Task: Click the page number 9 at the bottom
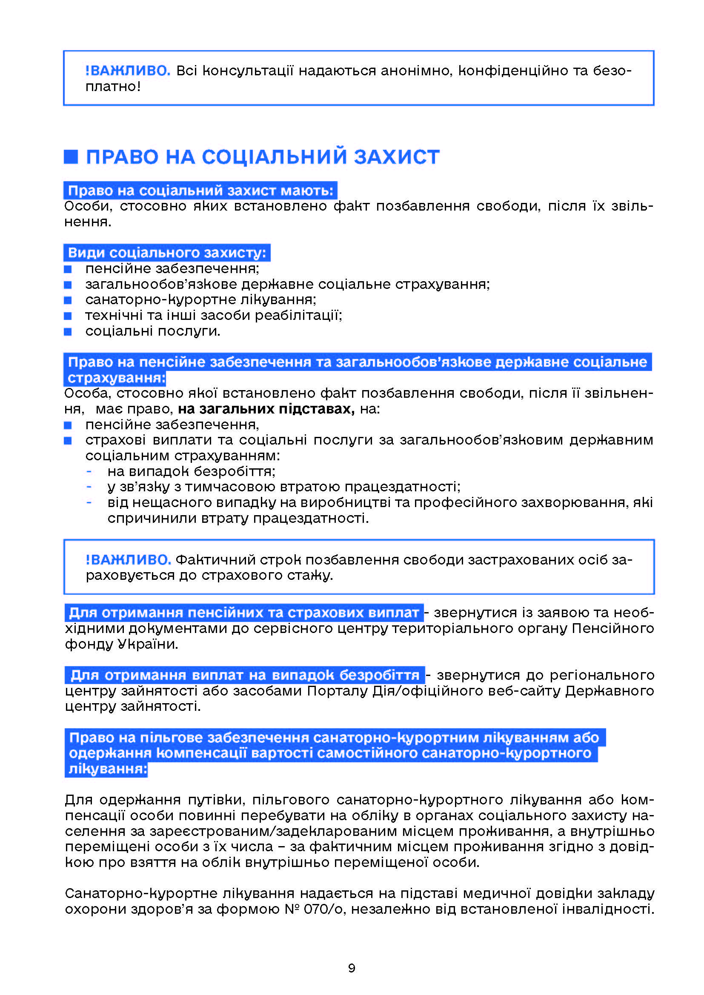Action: pyautogui.click(x=352, y=968)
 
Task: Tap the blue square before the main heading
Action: pyautogui.click(x=71, y=157)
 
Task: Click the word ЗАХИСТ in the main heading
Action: pyautogui.click(x=396, y=157)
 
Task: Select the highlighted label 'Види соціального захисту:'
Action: pyautogui.click(x=167, y=253)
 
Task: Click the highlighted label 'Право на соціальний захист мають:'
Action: pyautogui.click(x=200, y=191)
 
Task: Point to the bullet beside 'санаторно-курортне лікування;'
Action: pyautogui.click(x=68, y=300)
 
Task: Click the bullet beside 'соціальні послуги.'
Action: pyautogui.click(x=68, y=331)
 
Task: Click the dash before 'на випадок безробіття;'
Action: pyautogui.click(x=89, y=471)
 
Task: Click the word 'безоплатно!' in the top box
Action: pyautogui.click(x=113, y=87)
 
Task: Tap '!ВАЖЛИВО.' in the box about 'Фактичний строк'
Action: pyautogui.click(x=128, y=560)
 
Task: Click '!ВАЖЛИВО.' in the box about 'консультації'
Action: pyautogui.click(x=128, y=71)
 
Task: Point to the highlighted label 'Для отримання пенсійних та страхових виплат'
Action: pyautogui.click(x=244, y=613)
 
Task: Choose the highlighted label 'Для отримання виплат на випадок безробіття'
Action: pyautogui.click(x=245, y=675)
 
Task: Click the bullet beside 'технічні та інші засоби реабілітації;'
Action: pyautogui.click(x=68, y=316)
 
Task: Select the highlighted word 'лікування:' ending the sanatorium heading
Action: pyautogui.click(x=108, y=769)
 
